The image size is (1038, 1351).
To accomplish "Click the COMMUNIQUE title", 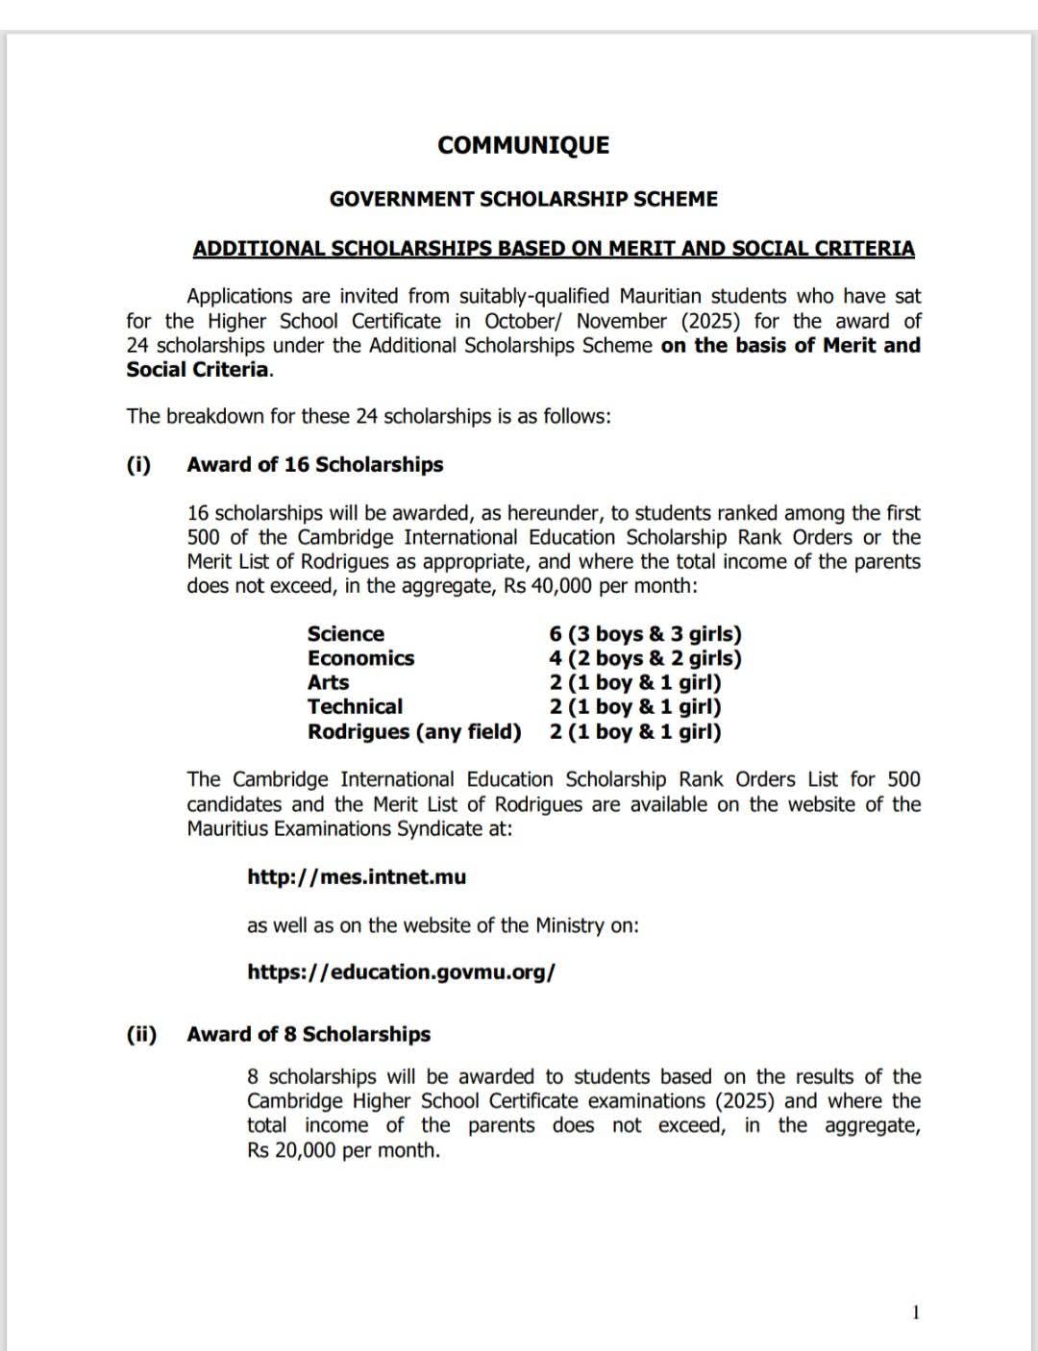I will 523,145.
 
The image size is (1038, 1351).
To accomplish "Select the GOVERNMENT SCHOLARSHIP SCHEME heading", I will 523,199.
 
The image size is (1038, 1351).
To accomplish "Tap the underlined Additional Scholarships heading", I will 554,248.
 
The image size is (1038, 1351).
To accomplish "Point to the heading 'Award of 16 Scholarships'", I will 314,464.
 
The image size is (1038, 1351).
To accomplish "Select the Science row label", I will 345,634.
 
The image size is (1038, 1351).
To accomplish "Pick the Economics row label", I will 360,658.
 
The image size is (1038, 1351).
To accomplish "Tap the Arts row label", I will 328,682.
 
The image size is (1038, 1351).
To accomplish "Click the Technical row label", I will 355,706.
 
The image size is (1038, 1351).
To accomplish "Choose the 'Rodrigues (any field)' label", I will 414,731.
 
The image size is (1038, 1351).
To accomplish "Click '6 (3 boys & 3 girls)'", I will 645,634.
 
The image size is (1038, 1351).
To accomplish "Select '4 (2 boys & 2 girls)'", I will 645,658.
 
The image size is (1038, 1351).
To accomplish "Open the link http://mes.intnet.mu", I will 357,876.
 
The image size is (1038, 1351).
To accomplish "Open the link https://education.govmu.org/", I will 401,971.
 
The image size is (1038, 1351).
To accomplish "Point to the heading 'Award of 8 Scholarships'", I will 309,1034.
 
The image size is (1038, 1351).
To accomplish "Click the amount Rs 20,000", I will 291,1150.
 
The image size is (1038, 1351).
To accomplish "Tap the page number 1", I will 915,1313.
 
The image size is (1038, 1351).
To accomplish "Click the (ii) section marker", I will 141,1034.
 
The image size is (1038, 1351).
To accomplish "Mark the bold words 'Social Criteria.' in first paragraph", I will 199,370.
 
